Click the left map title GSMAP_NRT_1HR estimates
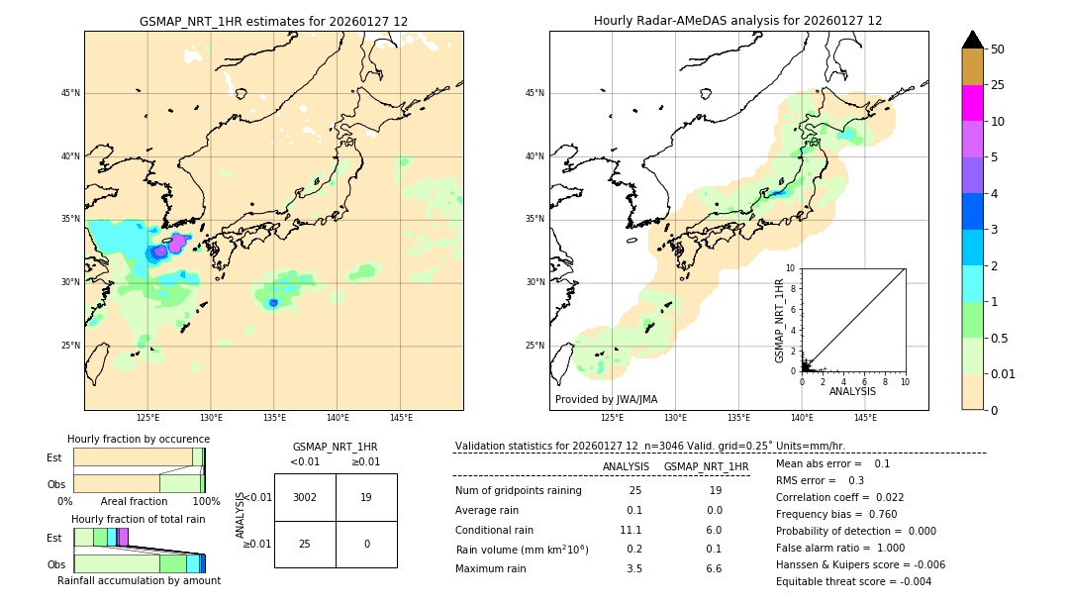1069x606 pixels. coord(273,21)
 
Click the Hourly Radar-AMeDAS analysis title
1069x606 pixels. coord(737,21)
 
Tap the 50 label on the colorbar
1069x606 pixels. coord(998,50)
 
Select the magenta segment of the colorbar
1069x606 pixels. coord(972,103)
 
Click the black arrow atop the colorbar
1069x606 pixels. coord(972,40)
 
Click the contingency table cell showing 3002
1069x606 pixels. coord(305,497)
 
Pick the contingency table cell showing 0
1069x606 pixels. coord(366,544)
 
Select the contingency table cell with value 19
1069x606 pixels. coord(366,497)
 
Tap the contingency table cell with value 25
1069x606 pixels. coord(305,544)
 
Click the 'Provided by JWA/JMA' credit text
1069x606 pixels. coord(606,400)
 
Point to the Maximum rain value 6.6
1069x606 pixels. coord(713,568)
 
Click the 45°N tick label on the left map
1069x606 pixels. coord(70,93)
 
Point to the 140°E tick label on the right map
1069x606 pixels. coord(802,418)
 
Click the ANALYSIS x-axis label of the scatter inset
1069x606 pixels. coord(852,391)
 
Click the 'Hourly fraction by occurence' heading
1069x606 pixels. coord(139,439)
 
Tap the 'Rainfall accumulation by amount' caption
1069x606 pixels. coord(139,580)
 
